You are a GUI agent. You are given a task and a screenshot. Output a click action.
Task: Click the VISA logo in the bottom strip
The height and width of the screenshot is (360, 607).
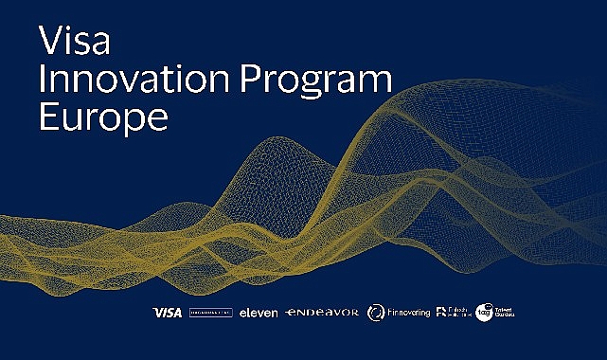coord(167,313)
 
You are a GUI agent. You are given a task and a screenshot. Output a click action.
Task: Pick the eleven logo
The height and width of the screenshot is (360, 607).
coord(259,313)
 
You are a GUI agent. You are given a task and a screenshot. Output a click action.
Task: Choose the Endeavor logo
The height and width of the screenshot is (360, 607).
coord(322,313)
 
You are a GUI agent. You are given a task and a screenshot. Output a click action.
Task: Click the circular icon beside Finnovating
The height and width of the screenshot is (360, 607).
coord(376,313)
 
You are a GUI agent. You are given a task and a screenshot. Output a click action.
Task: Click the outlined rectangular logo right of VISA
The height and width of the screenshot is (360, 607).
coord(210,313)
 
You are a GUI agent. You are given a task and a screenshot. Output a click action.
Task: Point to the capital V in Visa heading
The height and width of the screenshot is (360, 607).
coord(47,41)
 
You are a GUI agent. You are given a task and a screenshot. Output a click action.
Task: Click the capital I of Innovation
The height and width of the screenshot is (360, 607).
coord(40,81)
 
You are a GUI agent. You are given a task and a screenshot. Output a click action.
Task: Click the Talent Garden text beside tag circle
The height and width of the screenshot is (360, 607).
coord(504,312)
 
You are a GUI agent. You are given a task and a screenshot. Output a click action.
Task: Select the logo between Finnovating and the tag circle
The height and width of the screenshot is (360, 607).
coord(451,313)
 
